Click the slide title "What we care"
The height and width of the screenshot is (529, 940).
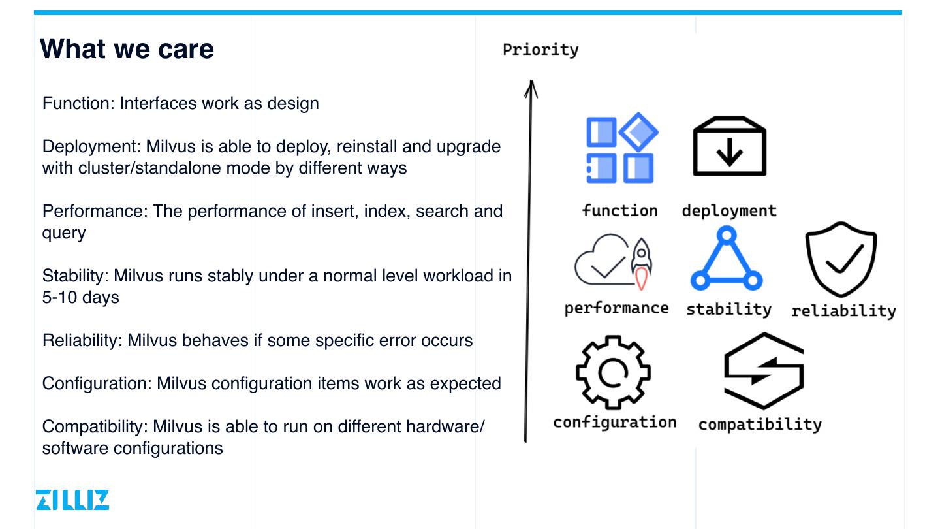click(127, 50)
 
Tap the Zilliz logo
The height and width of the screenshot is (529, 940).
click(72, 500)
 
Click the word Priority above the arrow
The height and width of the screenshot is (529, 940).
click(540, 50)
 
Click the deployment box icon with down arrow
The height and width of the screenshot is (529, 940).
click(729, 147)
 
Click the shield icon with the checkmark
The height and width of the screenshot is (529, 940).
click(841, 259)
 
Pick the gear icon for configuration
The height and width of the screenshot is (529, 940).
click(613, 372)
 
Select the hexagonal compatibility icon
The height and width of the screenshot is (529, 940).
click(763, 371)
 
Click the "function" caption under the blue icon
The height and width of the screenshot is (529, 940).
click(619, 210)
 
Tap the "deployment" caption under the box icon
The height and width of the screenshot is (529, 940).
click(729, 210)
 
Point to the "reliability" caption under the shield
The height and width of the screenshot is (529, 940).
click(843, 311)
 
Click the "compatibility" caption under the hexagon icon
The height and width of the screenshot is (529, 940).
click(760, 425)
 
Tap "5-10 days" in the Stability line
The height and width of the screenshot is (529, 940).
click(81, 297)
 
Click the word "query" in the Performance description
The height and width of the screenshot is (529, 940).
click(64, 232)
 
